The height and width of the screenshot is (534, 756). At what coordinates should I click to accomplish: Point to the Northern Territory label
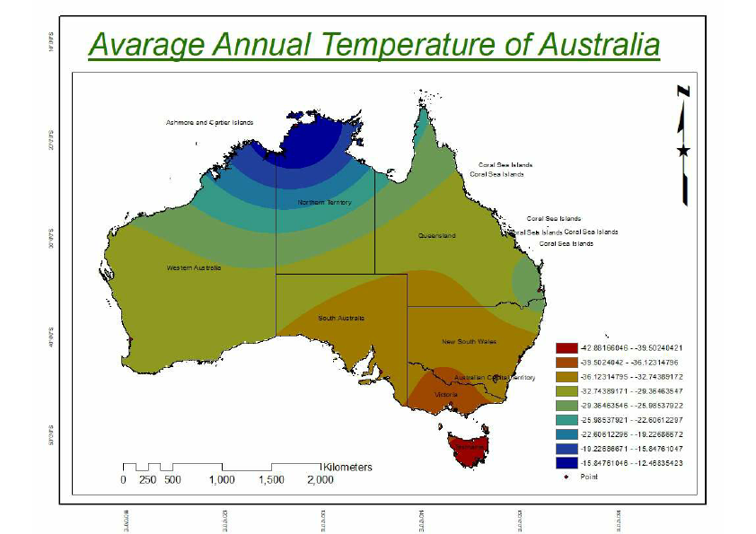pos(324,203)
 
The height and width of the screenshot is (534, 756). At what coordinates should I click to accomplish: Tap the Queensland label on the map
pos(436,236)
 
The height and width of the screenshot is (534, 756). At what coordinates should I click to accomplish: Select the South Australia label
pos(342,318)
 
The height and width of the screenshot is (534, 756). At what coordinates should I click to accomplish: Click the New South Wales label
pos(469,342)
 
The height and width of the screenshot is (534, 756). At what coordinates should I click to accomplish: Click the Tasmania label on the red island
pos(470,446)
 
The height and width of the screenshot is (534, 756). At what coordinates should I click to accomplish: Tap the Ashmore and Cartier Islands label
pos(209,122)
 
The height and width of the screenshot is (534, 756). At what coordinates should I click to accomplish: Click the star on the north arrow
pos(684,151)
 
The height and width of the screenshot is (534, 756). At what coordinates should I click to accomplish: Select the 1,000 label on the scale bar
pos(222,480)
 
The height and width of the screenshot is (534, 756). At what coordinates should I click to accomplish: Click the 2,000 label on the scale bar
pos(320,480)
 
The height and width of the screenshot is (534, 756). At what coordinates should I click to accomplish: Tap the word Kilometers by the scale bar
pos(347,468)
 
